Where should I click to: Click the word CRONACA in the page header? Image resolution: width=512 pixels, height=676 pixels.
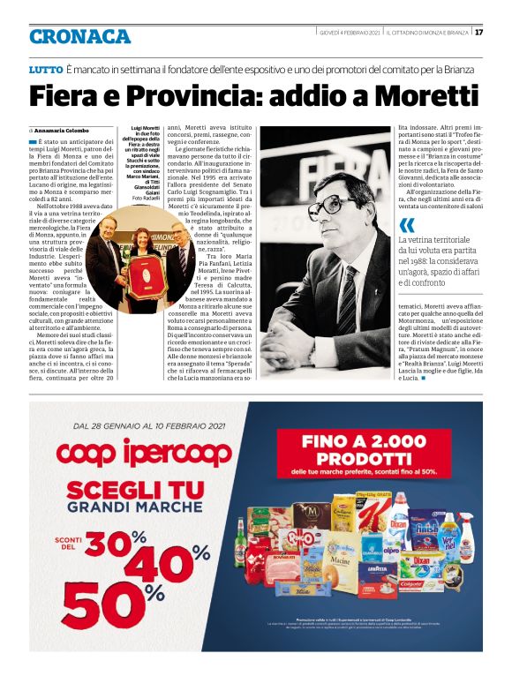point(80,37)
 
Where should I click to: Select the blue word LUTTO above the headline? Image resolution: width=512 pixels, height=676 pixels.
point(45,69)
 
